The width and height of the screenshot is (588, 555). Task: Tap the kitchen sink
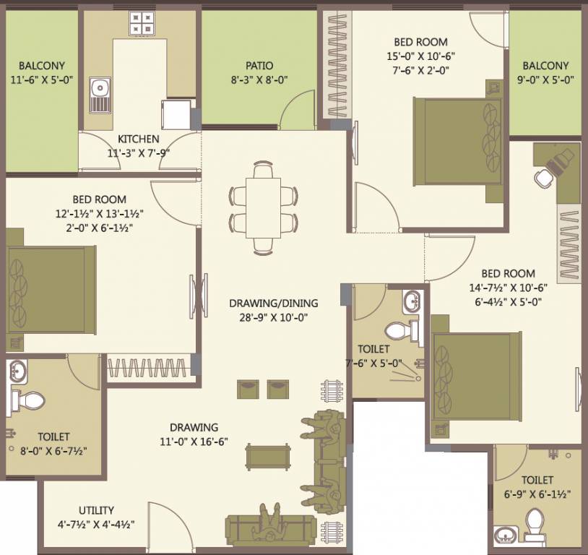pyautogui.click(x=100, y=95)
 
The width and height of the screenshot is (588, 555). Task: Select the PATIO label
pyautogui.click(x=259, y=65)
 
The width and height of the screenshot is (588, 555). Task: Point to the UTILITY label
pyautogui.click(x=97, y=510)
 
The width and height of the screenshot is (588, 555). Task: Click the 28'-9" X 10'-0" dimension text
pyautogui.click(x=274, y=317)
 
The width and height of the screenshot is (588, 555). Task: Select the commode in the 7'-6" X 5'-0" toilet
pyautogui.click(x=398, y=331)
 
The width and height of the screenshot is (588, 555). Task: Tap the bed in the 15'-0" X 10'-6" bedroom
pyautogui.click(x=457, y=141)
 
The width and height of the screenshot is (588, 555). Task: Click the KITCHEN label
pyautogui.click(x=139, y=139)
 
